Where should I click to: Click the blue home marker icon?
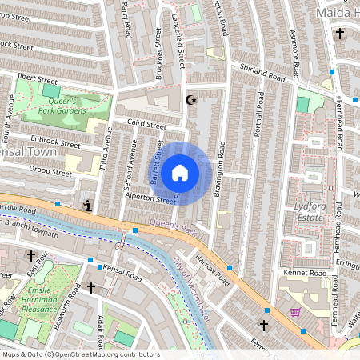click(x=180, y=173)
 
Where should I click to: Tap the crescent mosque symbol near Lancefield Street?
click(x=190, y=100)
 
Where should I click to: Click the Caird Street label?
click(x=146, y=125)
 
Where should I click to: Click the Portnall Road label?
click(x=258, y=129)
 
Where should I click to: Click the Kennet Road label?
click(x=304, y=274)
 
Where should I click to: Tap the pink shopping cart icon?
click(x=295, y=311)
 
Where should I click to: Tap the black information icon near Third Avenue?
click(x=87, y=206)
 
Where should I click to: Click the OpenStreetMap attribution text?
click(x=80, y=354)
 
